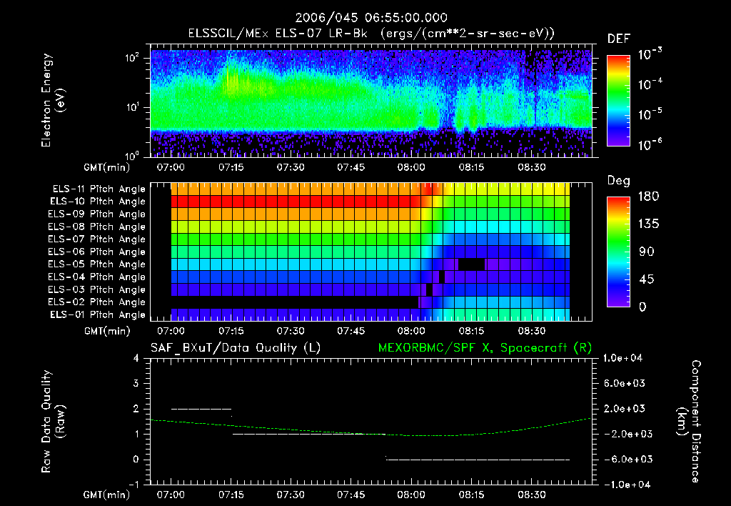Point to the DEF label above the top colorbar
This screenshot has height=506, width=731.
pyautogui.click(x=618, y=39)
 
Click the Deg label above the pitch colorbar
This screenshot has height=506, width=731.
pyautogui.click(x=618, y=181)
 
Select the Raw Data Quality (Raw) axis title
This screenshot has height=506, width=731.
pyautogui.click(x=54, y=421)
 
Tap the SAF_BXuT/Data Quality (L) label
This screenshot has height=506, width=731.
pyautogui.click(x=235, y=348)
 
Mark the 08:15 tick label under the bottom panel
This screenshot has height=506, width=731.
pyautogui.click(x=472, y=494)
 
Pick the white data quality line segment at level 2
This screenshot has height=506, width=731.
pyautogui.click(x=201, y=409)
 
